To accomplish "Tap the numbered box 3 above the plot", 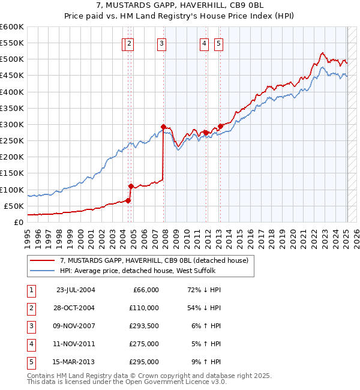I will pyautogui.click(x=162, y=43).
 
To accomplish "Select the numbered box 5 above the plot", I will pyautogui.click(x=218, y=43).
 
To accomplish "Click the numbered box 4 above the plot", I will pyautogui.click(x=205, y=43).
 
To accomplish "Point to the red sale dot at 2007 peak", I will pyautogui.click(x=163, y=127).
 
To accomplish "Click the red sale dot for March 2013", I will pyautogui.click(x=220, y=126).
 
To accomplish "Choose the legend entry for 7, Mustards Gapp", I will pyautogui.click(x=158, y=260).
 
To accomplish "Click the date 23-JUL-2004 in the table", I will pyautogui.click(x=76, y=290).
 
